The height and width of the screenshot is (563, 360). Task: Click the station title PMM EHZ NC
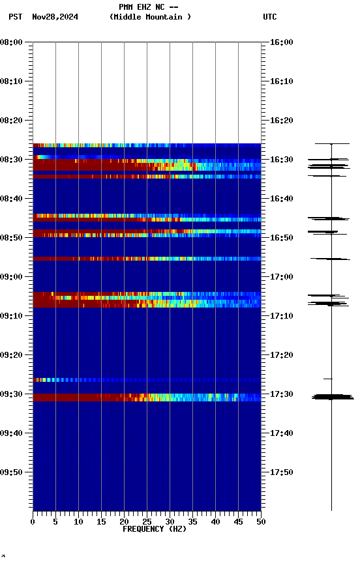pos(148,7)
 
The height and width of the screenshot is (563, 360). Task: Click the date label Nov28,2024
pos(55,17)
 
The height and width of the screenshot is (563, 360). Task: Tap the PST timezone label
pos(15,17)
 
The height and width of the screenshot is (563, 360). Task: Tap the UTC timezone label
pos(270,17)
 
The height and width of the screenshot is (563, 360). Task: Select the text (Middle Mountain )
pos(151,17)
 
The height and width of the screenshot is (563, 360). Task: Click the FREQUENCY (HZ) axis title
pos(154,529)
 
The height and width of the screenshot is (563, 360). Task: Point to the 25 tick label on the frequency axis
pos(147,521)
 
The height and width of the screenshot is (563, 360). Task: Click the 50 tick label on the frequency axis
pos(261,521)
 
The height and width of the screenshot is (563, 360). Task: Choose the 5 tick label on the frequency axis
pos(55,521)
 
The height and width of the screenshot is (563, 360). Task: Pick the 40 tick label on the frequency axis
pos(215,521)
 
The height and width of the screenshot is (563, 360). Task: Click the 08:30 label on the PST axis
pos(12,160)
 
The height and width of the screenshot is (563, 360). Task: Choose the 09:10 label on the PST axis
pos(12,316)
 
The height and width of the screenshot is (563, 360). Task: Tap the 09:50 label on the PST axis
pos(12,472)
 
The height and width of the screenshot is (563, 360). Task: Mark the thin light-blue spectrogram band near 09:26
pos(147,379)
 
